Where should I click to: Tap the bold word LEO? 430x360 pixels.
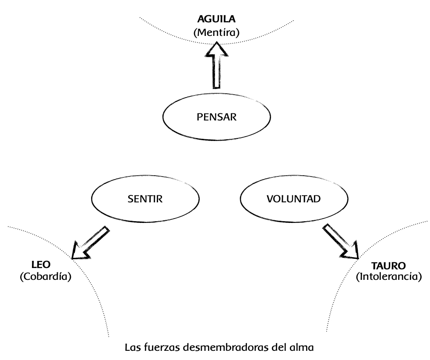(42, 265)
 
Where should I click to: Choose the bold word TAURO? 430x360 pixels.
(388, 265)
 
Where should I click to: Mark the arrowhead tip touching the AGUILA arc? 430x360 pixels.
(217, 42)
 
